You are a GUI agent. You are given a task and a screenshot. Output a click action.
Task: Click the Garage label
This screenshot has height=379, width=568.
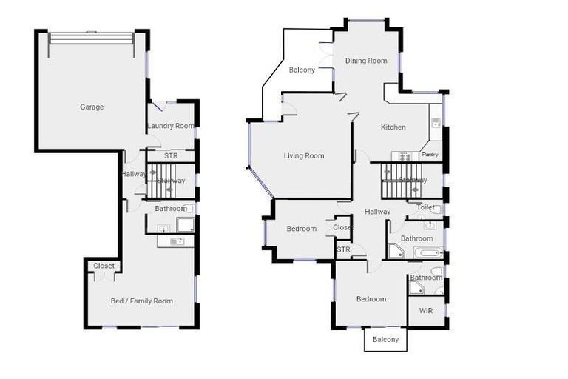click(x=92, y=107)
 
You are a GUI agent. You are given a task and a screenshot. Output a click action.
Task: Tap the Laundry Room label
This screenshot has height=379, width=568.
click(x=170, y=126)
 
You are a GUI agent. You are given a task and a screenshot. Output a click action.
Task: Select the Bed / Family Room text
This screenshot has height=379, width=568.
click(x=141, y=301)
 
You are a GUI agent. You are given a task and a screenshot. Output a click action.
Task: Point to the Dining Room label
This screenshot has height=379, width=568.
click(x=366, y=61)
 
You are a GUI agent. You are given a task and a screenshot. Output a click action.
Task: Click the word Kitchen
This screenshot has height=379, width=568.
click(x=393, y=127)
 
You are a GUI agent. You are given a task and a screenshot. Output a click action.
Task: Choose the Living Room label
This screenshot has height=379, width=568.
click(x=304, y=156)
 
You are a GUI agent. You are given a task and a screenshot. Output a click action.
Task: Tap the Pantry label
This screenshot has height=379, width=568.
click(x=430, y=155)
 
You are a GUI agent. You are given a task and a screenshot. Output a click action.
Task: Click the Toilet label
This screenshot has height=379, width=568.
click(x=425, y=208)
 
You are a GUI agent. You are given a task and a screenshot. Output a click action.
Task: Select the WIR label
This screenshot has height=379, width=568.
click(x=425, y=311)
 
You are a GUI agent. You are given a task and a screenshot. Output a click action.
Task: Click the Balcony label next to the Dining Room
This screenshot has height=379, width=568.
click(x=302, y=70)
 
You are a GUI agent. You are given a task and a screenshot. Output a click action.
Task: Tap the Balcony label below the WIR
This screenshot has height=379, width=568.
click(x=385, y=340)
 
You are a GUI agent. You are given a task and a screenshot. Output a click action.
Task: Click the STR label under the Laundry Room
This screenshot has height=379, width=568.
click(x=171, y=156)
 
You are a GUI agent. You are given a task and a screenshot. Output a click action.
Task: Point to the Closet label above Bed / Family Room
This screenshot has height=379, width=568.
click(x=104, y=266)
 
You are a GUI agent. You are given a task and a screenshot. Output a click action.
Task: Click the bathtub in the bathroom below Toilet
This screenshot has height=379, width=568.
click(x=427, y=253)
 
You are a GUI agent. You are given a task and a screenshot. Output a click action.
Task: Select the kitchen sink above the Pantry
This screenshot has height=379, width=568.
click(x=436, y=121)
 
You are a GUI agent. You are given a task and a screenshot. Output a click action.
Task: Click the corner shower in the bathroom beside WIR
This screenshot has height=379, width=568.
click(x=418, y=288)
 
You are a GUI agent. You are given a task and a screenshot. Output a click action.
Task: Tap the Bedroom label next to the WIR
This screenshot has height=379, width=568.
click(x=371, y=299)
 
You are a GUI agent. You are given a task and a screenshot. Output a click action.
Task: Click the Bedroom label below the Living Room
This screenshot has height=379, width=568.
click(x=301, y=229)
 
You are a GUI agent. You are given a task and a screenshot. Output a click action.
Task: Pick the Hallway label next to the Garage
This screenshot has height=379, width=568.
click(x=133, y=174)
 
